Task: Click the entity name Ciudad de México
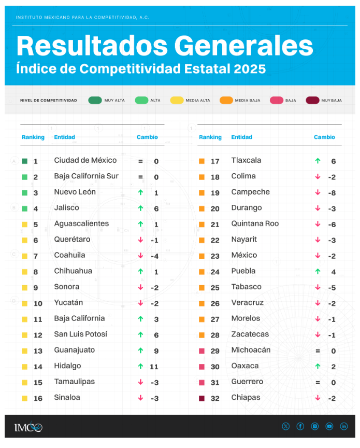point(85,160)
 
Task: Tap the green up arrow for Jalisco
point(140,208)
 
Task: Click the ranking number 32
point(215,398)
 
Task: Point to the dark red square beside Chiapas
point(201,398)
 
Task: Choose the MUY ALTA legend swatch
point(95,100)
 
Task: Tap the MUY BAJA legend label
point(332,100)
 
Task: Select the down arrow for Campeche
point(318,192)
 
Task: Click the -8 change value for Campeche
point(332,192)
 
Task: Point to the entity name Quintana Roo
point(255,223)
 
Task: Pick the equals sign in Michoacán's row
point(318,351)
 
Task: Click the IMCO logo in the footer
point(28,427)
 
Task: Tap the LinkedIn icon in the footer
point(344,426)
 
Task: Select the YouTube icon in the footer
point(329,426)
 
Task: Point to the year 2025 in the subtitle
point(249,69)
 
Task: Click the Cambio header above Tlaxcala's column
point(324,137)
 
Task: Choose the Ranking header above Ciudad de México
point(33,137)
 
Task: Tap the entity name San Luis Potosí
point(80,334)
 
